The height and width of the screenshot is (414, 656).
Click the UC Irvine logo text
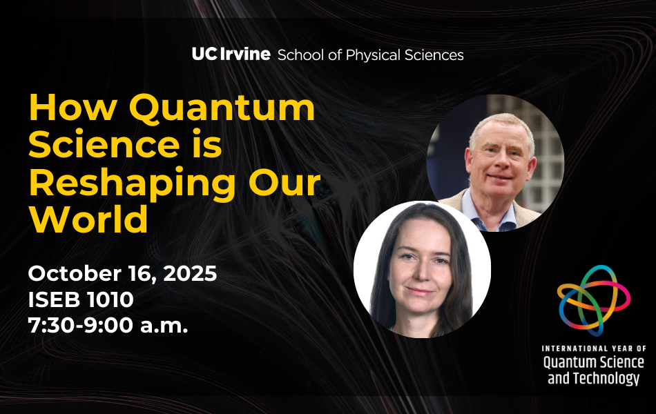(x=231, y=54)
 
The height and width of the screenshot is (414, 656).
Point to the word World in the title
(x=88, y=219)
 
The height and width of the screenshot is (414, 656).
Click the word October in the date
(x=75, y=273)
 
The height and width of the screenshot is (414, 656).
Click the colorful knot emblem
(x=594, y=300)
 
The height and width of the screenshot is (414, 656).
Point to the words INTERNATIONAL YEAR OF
(x=594, y=348)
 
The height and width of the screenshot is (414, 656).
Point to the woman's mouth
(x=421, y=291)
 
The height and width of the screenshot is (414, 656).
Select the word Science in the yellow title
(x=104, y=145)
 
